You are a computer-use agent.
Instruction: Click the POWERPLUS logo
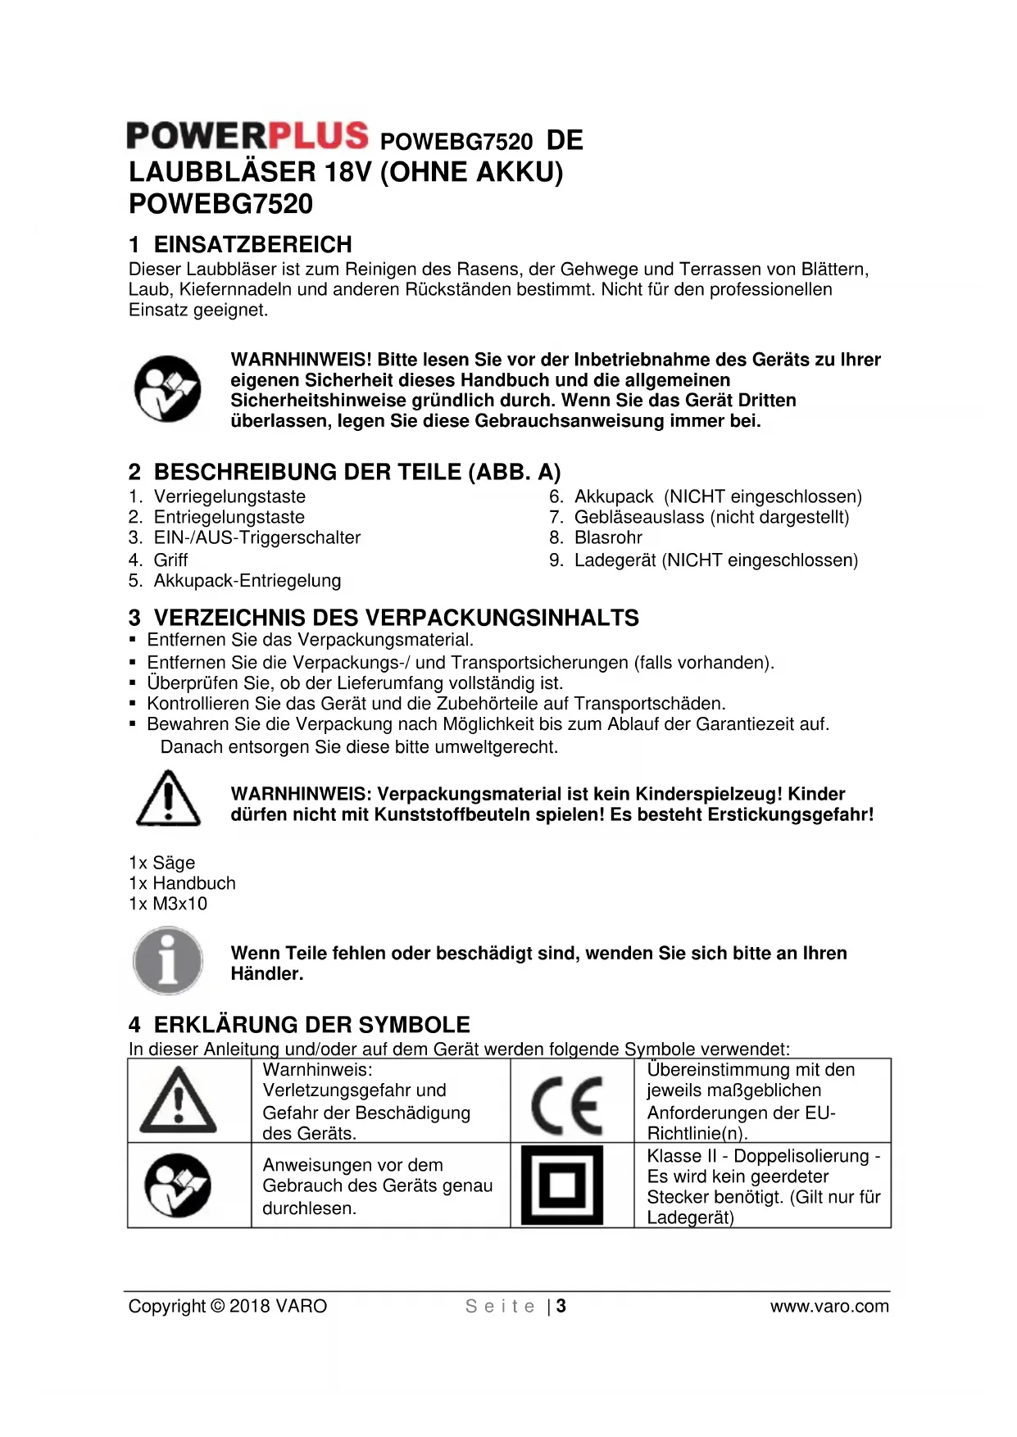tap(247, 136)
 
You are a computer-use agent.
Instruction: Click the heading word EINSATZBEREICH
tap(252, 244)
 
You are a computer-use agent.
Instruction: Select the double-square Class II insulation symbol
tap(562, 1185)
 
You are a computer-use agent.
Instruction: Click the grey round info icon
tap(168, 961)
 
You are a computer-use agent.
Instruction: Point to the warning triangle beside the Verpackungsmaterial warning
tap(167, 799)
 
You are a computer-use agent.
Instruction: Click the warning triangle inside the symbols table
tap(179, 1100)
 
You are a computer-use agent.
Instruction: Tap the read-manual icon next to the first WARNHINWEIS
tap(168, 389)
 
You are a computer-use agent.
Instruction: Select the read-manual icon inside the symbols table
tap(178, 1185)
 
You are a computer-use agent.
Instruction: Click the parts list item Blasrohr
tap(608, 537)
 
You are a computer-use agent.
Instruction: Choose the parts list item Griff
tap(170, 560)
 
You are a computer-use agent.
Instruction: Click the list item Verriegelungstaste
tap(229, 496)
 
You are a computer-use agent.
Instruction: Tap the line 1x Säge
tap(162, 863)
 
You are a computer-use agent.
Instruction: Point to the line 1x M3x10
tap(168, 904)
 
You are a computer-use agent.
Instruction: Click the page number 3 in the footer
tap(561, 1306)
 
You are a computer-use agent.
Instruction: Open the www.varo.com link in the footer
tap(829, 1306)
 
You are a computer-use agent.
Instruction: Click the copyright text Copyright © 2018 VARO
tap(228, 1306)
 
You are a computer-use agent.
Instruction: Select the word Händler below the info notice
tap(267, 973)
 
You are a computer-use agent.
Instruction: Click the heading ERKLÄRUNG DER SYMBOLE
tap(311, 1025)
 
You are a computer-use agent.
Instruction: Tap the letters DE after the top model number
tap(565, 140)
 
